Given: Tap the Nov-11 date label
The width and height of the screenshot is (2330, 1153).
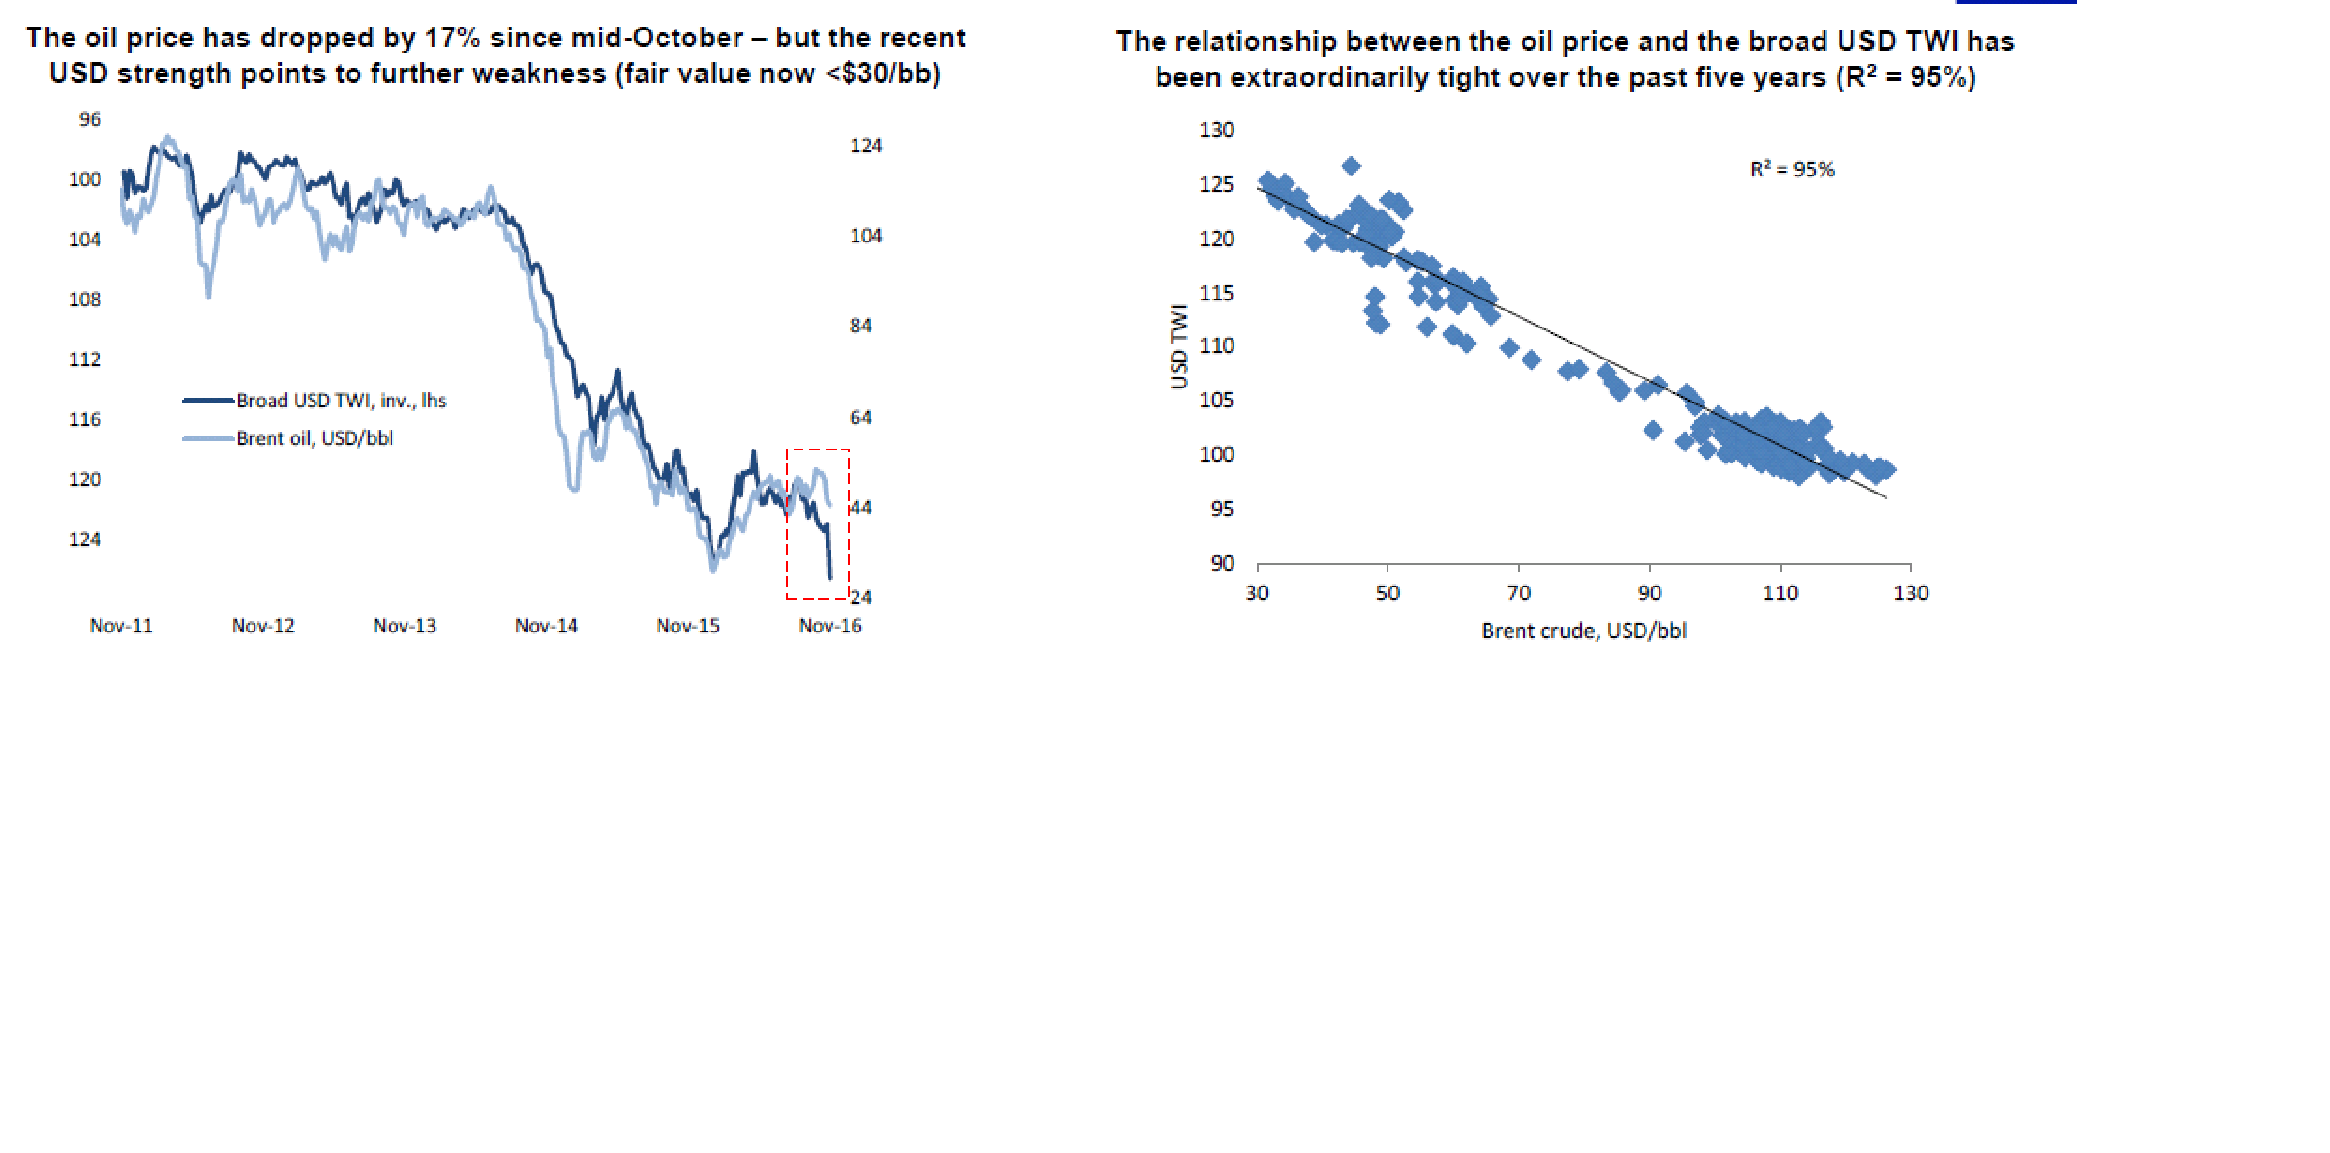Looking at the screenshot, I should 121,626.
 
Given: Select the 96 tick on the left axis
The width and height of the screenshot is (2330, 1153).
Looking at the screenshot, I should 90,119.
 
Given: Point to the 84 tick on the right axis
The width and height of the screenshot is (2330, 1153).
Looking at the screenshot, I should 860,326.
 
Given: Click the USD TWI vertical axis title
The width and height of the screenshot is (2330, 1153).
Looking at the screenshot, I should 1178,346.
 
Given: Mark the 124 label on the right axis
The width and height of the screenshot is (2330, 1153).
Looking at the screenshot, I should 866,146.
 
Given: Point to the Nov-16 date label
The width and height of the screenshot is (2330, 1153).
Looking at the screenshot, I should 829,626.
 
